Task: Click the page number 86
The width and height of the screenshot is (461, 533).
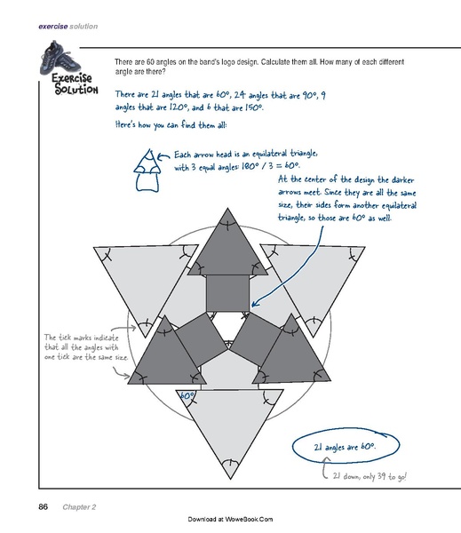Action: pos(43,507)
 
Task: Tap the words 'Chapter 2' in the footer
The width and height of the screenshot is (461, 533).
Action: pos(80,507)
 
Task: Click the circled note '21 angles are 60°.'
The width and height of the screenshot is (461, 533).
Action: pos(347,449)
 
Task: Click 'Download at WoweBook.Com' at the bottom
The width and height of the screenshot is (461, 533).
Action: pos(230,517)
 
